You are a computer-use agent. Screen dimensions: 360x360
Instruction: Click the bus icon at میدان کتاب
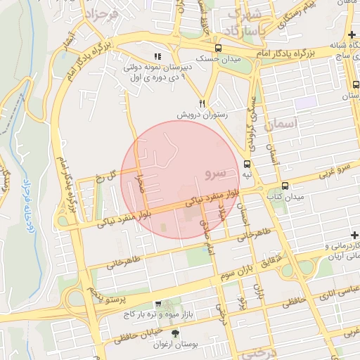pos(285,186)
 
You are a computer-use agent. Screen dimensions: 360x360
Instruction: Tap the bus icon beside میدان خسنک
pos(219,49)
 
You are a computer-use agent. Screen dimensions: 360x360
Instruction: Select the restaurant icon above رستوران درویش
pos(202,103)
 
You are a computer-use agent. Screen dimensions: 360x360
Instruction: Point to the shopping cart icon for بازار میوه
pos(158,304)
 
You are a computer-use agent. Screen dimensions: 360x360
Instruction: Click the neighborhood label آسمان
pos(283,124)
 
